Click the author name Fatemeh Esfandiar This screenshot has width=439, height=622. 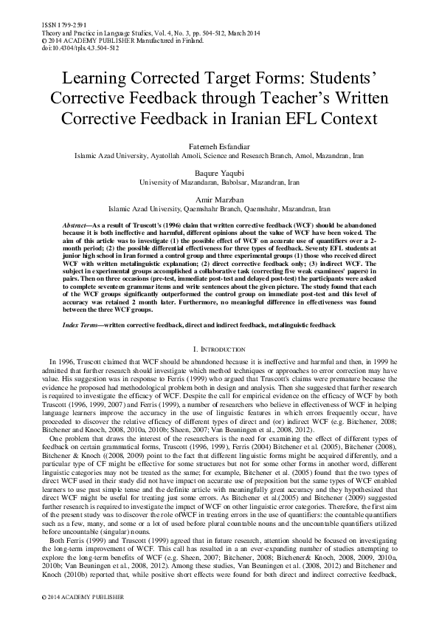(x=219, y=148)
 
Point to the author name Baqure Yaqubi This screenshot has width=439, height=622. (x=219, y=172)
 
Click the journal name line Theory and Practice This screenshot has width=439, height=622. (x=111, y=33)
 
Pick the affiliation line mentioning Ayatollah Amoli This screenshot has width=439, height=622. (x=219, y=157)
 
